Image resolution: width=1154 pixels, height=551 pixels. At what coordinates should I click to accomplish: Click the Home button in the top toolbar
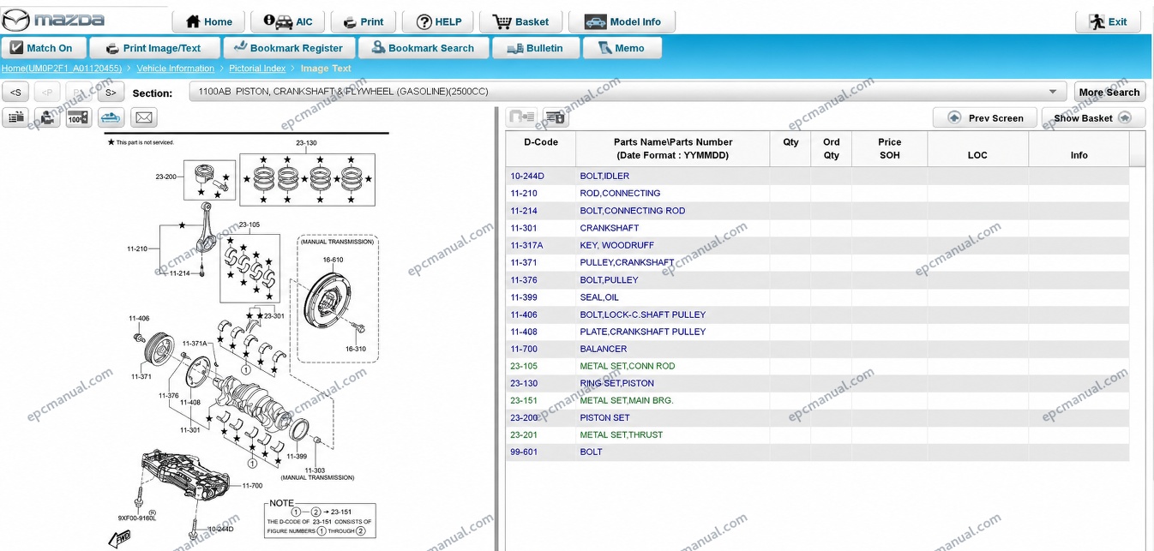(x=208, y=21)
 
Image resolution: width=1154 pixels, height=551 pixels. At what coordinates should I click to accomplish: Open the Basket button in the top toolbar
(x=520, y=21)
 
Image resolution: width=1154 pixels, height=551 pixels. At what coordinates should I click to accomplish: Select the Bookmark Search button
(x=423, y=48)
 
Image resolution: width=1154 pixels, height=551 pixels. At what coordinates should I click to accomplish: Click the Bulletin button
(x=535, y=48)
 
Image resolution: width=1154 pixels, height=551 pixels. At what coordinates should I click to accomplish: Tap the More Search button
(x=1109, y=93)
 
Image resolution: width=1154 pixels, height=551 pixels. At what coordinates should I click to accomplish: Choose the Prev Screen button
(x=985, y=118)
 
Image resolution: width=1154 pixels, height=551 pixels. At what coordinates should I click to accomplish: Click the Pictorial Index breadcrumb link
(x=257, y=68)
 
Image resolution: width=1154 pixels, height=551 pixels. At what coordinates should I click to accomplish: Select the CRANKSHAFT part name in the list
(x=609, y=228)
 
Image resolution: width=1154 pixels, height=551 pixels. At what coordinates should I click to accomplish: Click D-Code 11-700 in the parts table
(x=524, y=349)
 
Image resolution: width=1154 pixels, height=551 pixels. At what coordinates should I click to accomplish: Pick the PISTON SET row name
(x=604, y=417)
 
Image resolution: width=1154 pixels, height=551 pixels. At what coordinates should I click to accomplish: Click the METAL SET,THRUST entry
(x=621, y=434)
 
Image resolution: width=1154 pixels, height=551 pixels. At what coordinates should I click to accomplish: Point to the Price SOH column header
(x=889, y=148)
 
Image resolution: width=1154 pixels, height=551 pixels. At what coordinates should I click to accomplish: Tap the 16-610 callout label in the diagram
(x=333, y=260)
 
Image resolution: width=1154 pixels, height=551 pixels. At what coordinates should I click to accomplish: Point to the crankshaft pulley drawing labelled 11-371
(x=159, y=349)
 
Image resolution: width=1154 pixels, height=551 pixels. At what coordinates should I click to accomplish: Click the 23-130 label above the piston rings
(x=306, y=142)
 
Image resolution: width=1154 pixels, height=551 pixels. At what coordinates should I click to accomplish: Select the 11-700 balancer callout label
(x=252, y=485)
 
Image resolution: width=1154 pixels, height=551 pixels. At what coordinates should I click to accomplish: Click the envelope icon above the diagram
(x=144, y=117)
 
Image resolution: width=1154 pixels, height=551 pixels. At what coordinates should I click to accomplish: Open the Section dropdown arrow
(x=1053, y=92)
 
